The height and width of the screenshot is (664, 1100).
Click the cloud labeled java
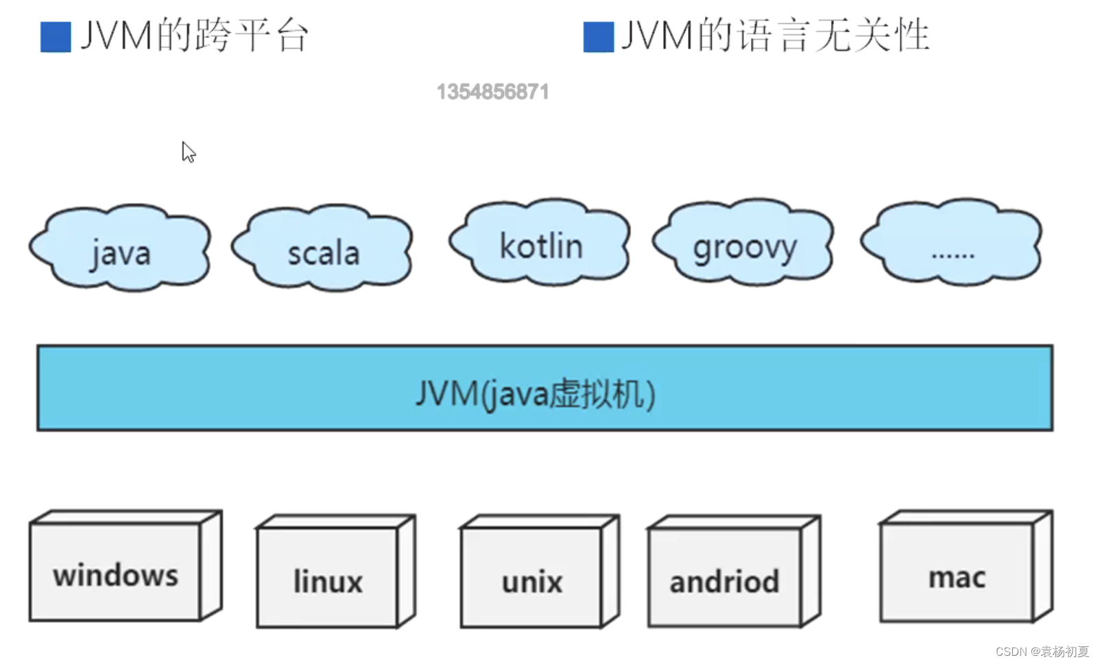tap(121, 248)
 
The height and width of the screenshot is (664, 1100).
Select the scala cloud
tap(323, 248)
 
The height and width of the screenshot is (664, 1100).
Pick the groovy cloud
tap(744, 243)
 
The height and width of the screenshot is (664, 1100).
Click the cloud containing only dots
tap(953, 243)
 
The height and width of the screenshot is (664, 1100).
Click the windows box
tap(116, 572)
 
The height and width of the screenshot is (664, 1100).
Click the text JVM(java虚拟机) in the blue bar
tap(536, 394)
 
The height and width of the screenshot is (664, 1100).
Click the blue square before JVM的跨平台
tap(56, 37)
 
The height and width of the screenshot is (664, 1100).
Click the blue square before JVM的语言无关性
tap(598, 37)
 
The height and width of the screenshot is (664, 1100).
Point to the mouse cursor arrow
tap(188, 151)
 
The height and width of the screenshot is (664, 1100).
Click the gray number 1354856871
tap(492, 92)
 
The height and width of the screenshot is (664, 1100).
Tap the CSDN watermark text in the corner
tap(1042, 651)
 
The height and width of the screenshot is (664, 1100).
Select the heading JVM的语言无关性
tap(775, 36)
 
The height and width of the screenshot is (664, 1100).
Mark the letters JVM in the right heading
tap(657, 36)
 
